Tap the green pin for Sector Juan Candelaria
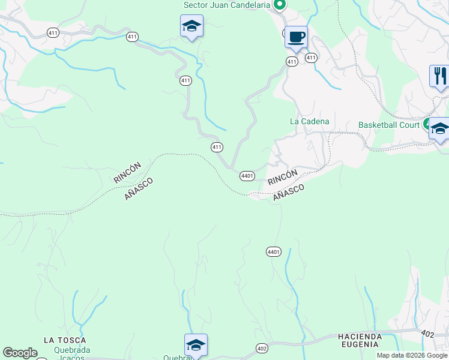tap(279, 5)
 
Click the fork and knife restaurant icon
tap(439, 76)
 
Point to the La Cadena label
tap(310, 121)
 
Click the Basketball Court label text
tap(388, 125)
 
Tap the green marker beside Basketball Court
tap(427, 125)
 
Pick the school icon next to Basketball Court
tap(439, 129)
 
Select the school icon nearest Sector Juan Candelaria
tap(191, 26)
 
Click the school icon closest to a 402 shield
tap(196, 345)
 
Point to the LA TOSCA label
tap(65, 340)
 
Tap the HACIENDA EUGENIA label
tap(358, 340)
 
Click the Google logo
tap(20, 353)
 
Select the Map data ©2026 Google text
tap(412, 355)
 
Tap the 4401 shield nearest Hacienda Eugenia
tap(274, 252)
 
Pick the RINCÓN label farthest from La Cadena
tap(127, 173)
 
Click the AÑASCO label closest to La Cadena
tap(288, 193)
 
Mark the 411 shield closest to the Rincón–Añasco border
tap(217, 147)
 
